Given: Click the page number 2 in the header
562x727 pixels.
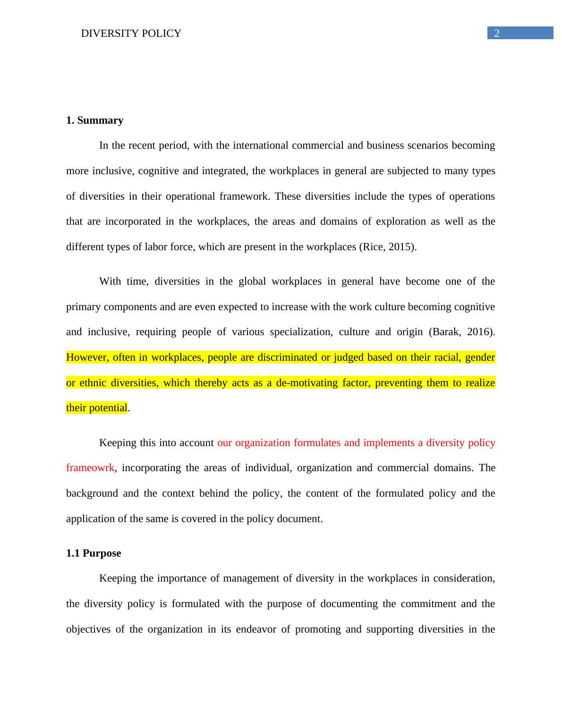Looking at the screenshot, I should click(496, 33).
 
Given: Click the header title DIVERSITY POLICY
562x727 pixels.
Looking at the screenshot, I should click(131, 34).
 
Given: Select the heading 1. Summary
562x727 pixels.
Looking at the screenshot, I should click(94, 120).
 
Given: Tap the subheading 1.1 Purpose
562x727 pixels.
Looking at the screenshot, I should click(94, 553).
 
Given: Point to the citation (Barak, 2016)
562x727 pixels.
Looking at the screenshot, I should click(461, 332).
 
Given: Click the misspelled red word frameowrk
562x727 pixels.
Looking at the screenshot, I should click(90, 468).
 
